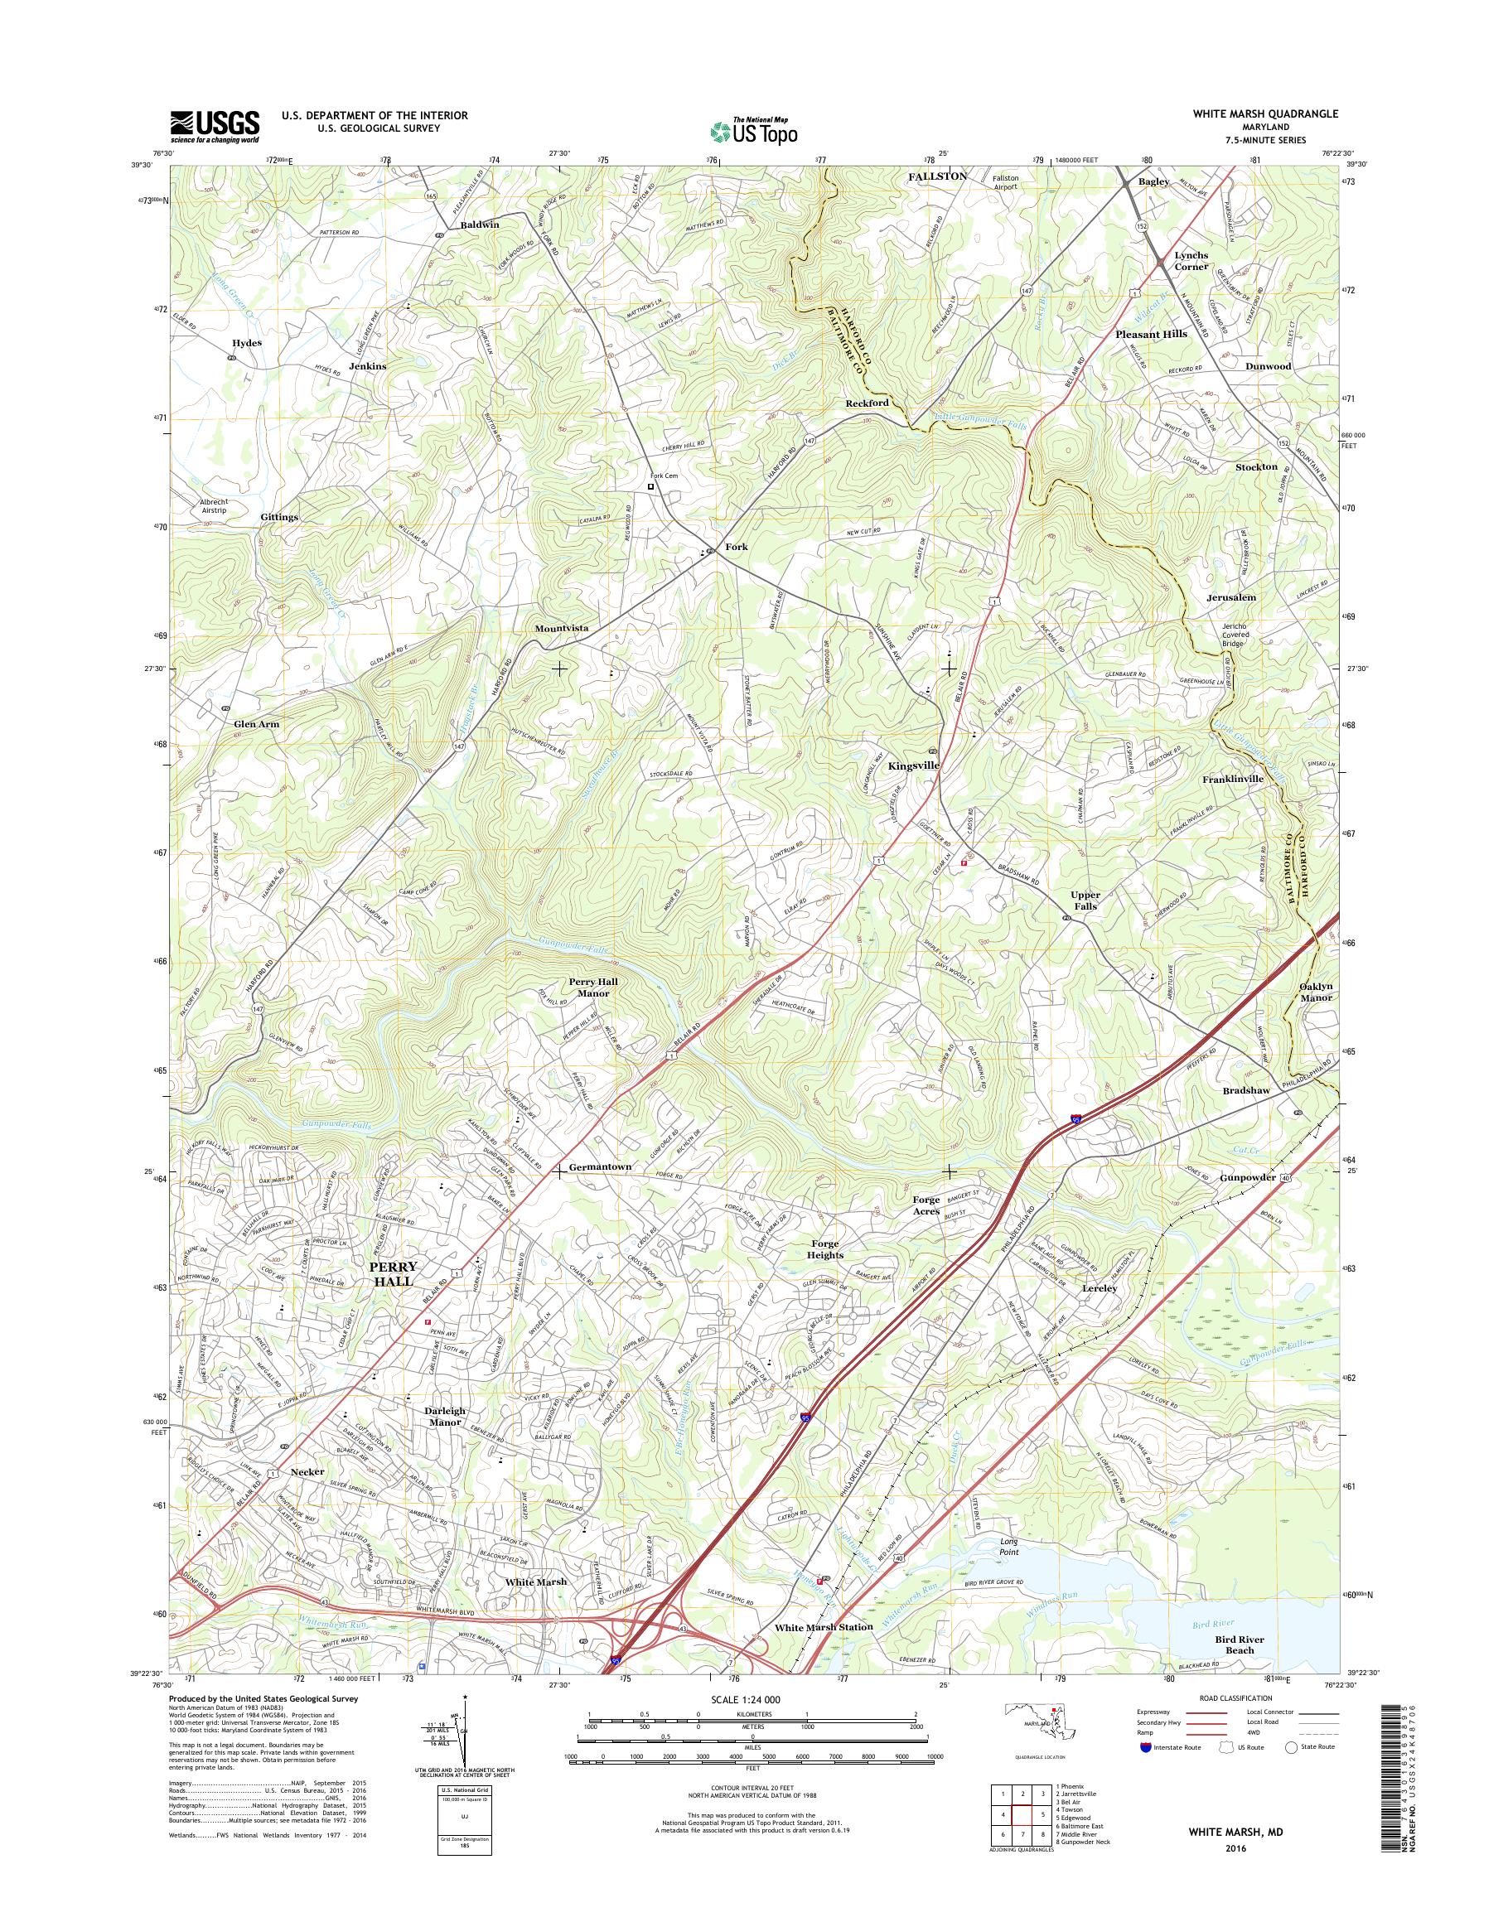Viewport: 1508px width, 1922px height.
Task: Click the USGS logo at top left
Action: coord(215,126)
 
